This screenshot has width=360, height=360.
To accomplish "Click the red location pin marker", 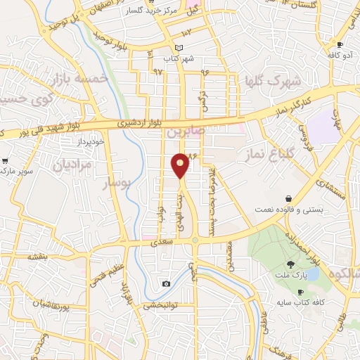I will click(x=181, y=165).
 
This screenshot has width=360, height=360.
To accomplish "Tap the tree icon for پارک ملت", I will click(x=292, y=264).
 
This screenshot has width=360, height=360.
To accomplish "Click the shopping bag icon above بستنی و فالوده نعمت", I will click(x=288, y=198).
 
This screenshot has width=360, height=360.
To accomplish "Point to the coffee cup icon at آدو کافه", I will click(x=340, y=45).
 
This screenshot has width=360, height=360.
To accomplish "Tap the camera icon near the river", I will click(x=166, y=283).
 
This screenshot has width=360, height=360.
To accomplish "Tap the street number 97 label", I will click(x=156, y=72).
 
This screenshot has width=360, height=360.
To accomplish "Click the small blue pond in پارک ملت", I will click(x=312, y=272).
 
